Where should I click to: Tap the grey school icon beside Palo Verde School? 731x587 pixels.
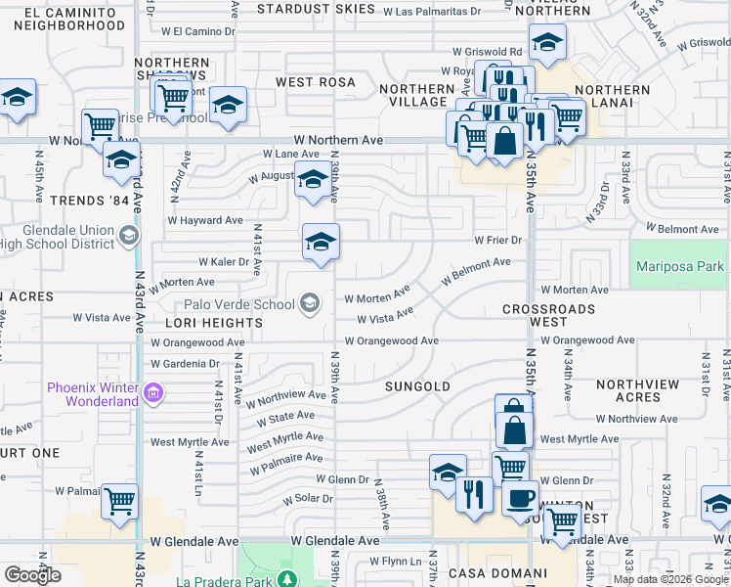(x=310, y=303)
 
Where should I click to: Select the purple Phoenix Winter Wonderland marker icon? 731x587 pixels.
(x=152, y=395)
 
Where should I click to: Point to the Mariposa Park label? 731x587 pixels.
(x=680, y=266)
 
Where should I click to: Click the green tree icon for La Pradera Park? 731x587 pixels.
(x=285, y=578)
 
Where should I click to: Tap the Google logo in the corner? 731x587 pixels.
(x=32, y=575)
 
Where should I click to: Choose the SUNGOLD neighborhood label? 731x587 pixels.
(x=417, y=386)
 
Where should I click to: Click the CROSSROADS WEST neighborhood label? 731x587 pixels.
(x=548, y=315)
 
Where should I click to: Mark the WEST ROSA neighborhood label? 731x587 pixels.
(x=315, y=82)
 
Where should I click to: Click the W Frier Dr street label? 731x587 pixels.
(x=499, y=240)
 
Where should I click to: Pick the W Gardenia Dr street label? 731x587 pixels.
(x=185, y=363)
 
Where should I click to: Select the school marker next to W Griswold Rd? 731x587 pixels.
(x=547, y=42)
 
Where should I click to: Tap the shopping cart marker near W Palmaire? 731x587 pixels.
(x=119, y=501)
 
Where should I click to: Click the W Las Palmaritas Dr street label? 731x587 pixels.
(x=431, y=12)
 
